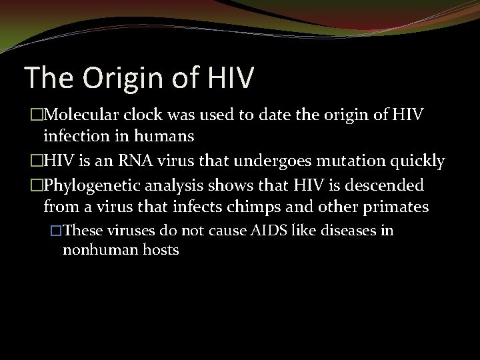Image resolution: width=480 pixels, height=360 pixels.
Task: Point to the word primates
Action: pos(394,206)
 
